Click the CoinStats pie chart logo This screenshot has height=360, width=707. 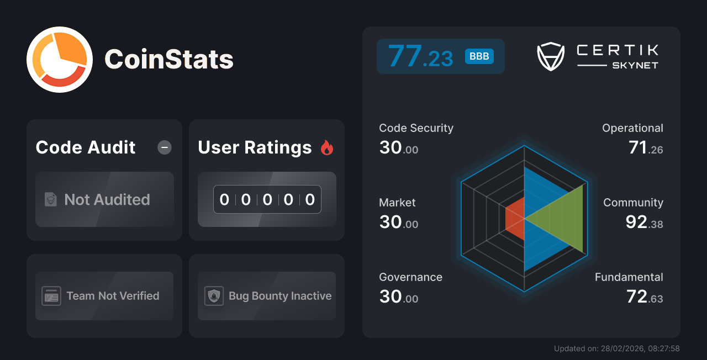tap(60, 60)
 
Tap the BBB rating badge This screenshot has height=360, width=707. tap(479, 56)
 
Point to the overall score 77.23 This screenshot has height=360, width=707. tap(420, 56)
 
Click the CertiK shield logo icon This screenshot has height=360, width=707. tap(550, 56)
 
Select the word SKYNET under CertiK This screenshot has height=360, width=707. tap(635, 65)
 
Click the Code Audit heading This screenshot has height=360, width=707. tap(86, 147)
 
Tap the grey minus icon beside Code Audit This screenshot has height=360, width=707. tap(165, 147)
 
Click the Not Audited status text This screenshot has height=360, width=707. tap(107, 199)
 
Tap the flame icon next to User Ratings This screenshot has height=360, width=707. tap(327, 147)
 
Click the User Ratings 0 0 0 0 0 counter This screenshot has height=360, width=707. tap(267, 199)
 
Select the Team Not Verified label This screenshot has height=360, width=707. tap(113, 296)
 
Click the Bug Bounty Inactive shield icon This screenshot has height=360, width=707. tap(214, 296)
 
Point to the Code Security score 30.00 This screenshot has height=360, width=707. tap(399, 148)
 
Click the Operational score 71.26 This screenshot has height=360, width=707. tap(646, 148)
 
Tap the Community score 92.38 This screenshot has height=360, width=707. tap(644, 223)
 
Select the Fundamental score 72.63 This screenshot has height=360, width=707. tap(645, 297)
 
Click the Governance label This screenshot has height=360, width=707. tap(410, 277)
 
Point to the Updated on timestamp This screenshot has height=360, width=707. tap(616, 348)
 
